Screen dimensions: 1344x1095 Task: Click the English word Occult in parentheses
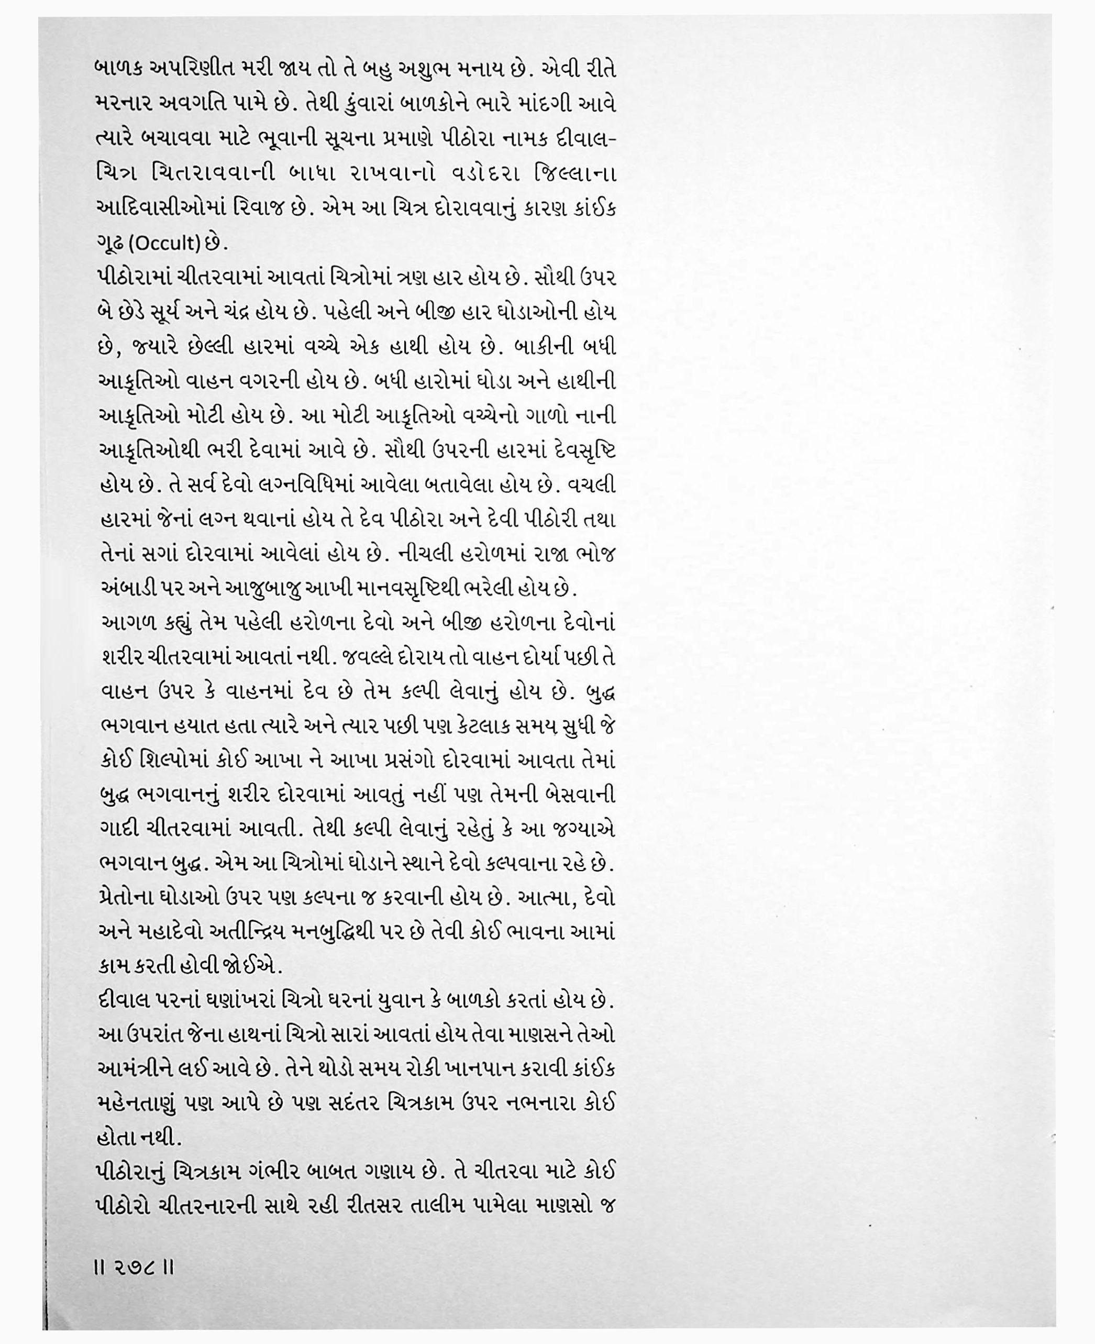[167, 244]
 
